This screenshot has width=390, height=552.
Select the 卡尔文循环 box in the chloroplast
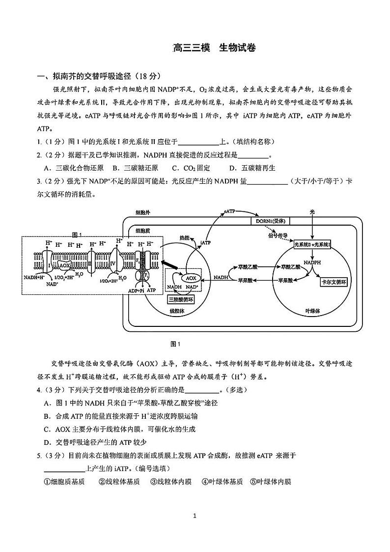click(334, 282)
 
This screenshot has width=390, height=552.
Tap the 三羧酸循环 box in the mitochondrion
click(180, 299)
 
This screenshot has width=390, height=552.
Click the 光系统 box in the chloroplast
click(312, 244)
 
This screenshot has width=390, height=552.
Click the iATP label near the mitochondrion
click(206, 243)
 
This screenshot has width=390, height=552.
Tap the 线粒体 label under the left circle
click(176, 311)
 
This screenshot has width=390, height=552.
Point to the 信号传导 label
click(278, 235)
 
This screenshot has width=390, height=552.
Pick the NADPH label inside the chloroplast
click(312, 262)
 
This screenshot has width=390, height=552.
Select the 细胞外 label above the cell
click(143, 212)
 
